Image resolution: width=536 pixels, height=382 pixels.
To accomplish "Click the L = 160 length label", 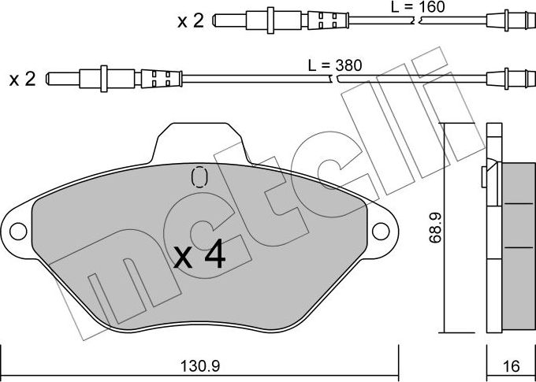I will click(x=418, y=7).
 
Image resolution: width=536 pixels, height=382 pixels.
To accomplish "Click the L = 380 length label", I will click(x=333, y=65).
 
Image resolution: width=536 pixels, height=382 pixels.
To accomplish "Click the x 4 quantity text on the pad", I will click(x=199, y=255).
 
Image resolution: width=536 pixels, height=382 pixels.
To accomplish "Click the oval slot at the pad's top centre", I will click(x=199, y=177).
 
